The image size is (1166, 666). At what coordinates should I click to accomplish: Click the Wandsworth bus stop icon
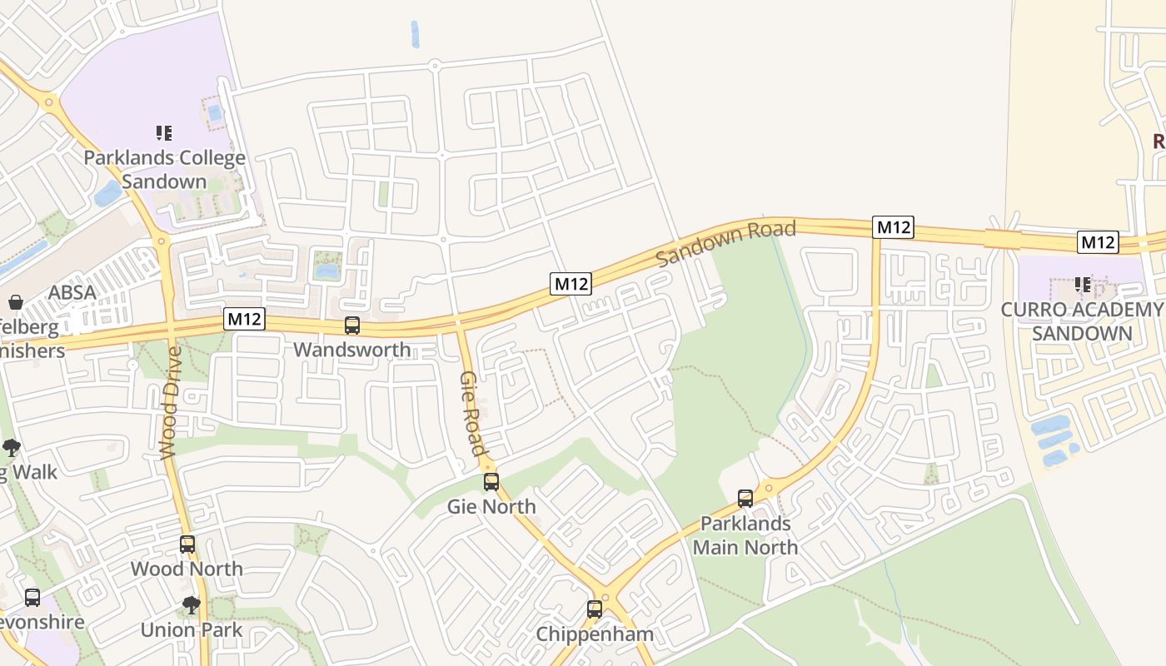pos(352,326)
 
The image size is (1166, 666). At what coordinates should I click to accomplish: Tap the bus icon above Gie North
pos(491,481)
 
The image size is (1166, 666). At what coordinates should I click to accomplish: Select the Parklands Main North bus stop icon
pos(745,499)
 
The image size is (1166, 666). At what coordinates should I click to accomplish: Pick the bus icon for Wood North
pos(187,544)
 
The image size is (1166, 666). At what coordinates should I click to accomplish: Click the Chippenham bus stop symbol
pos(595,609)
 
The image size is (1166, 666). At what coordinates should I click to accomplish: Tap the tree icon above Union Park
pos(192,605)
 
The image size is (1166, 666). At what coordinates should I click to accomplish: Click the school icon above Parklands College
pos(164,133)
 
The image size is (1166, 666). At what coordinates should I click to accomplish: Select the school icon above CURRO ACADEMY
pos(1083,285)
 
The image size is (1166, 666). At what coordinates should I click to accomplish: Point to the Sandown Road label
pos(725,242)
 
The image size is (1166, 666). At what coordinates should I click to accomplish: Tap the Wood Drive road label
pos(170,403)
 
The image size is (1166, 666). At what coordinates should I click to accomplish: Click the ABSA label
pos(72,292)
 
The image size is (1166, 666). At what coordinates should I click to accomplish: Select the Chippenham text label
pos(595,634)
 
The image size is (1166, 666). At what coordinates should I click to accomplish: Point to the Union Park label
pos(192,629)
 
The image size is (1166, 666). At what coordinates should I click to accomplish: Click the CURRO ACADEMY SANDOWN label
pos(1081,321)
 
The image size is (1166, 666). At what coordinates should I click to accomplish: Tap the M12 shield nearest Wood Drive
pos(244,319)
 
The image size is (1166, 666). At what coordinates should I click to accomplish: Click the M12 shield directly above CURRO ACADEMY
pos(1097,242)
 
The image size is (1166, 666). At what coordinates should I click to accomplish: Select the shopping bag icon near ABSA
pos(15,301)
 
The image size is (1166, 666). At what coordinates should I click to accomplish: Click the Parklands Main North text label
pos(745,535)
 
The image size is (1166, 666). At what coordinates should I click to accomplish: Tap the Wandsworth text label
pos(352,350)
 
